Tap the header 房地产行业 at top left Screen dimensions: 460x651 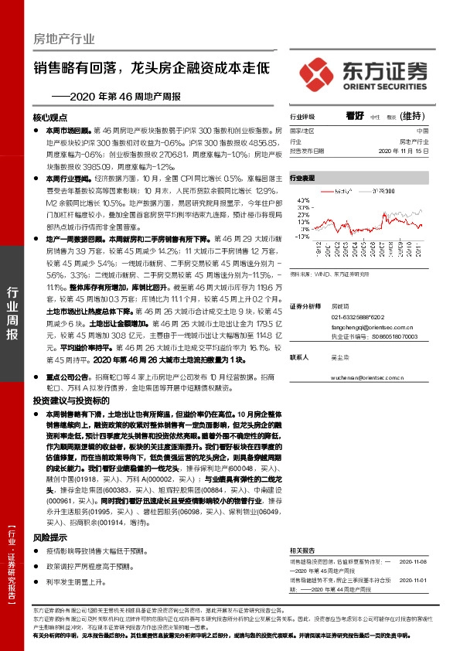coord(65,38)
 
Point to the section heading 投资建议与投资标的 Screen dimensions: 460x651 coord(71,401)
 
